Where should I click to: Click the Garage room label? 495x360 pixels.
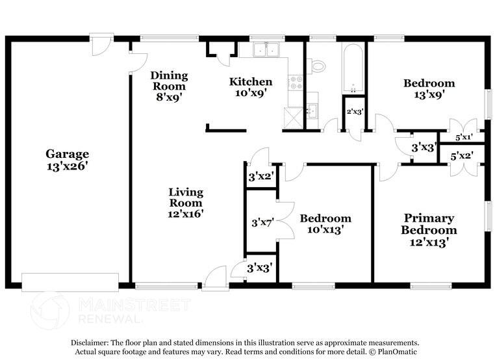click(x=67, y=154)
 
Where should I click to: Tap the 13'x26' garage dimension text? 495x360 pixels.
click(x=67, y=166)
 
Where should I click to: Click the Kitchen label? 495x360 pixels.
click(x=251, y=82)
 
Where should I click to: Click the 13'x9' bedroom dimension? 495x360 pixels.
click(x=429, y=95)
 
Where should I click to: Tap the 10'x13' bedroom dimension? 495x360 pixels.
click(x=325, y=229)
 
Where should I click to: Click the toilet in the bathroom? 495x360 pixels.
click(x=318, y=65)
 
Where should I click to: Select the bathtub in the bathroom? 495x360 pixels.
click(x=354, y=69)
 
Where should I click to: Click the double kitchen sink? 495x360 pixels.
click(x=265, y=50)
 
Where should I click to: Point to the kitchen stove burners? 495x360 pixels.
click(x=296, y=83)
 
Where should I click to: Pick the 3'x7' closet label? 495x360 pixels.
click(x=261, y=223)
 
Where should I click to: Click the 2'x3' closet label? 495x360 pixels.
click(x=354, y=112)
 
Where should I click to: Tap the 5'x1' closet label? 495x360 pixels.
click(x=463, y=138)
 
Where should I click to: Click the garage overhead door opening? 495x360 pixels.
click(x=70, y=282)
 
